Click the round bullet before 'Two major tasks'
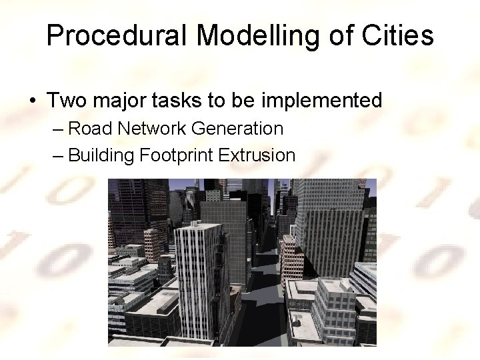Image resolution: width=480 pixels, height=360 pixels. click(x=33, y=101)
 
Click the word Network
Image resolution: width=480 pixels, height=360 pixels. click(x=148, y=128)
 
